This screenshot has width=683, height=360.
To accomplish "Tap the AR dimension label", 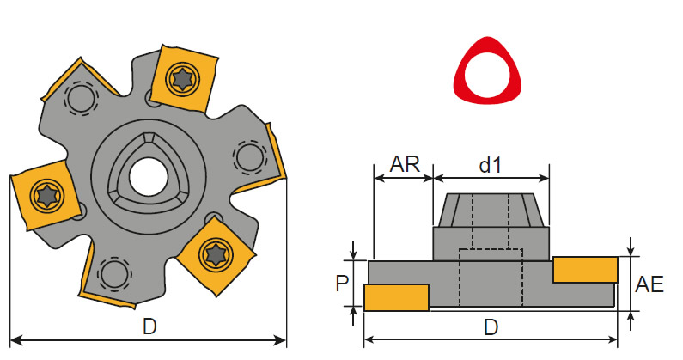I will tap(404, 164).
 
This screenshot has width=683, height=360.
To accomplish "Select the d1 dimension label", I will tap(491, 164).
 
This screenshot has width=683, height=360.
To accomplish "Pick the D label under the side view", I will tap(491, 327).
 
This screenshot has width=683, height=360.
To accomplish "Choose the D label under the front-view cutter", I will tap(149, 327).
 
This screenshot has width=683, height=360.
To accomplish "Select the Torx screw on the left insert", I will tap(44, 195).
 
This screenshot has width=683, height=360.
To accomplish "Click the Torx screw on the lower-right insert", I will tap(214, 253).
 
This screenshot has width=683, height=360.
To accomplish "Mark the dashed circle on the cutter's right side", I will tap(248, 157).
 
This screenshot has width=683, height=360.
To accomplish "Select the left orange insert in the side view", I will tap(396, 297).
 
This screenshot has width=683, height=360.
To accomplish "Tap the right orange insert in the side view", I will tap(585, 269).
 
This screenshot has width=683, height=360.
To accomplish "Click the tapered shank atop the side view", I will tap(491, 210).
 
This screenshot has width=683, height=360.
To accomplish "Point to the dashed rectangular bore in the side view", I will tap(491, 277).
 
